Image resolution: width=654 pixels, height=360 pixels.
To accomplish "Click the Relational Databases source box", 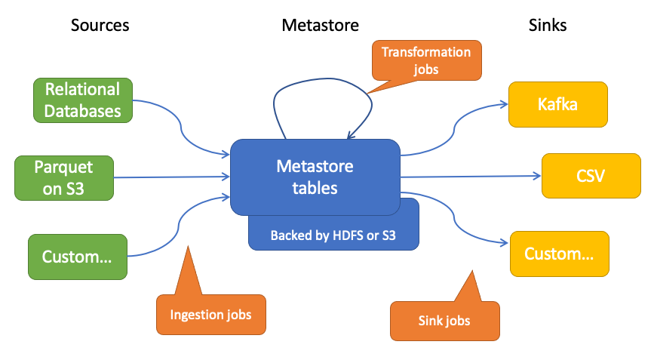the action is tap(83, 100).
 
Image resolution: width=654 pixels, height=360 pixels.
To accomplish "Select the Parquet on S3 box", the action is tap(64, 178).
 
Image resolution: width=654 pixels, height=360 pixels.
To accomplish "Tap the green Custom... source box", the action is tap(78, 257).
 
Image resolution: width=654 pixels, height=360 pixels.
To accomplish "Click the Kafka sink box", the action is tap(558, 104).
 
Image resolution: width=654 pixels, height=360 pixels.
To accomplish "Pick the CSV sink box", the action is tap(591, 176).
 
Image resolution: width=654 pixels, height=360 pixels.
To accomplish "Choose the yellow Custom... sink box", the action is tap(559, 254).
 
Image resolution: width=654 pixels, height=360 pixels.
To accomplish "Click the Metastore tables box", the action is tap(315, 177).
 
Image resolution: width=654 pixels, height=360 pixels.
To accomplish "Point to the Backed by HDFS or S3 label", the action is tap(333, 235).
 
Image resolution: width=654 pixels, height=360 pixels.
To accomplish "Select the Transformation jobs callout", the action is tap(425, 61).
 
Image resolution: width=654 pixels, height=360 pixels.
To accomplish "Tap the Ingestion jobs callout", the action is tap(211, 314).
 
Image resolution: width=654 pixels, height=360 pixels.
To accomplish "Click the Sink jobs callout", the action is tap(444, 320).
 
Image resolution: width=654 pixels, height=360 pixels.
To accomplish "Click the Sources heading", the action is tap(100, 25).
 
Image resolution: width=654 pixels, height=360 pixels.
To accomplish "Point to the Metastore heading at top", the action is tap(321, 25).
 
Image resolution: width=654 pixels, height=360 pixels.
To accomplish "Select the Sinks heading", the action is tap(548, 25).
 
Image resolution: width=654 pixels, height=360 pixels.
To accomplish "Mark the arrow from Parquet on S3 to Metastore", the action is tap(172, 177).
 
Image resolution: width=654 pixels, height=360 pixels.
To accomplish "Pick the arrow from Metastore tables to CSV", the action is tap(471, 177).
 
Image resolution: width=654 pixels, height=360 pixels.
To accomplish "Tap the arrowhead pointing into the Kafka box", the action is tap(504, 104).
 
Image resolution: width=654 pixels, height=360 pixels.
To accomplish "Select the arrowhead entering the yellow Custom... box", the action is tap(505, 242).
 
